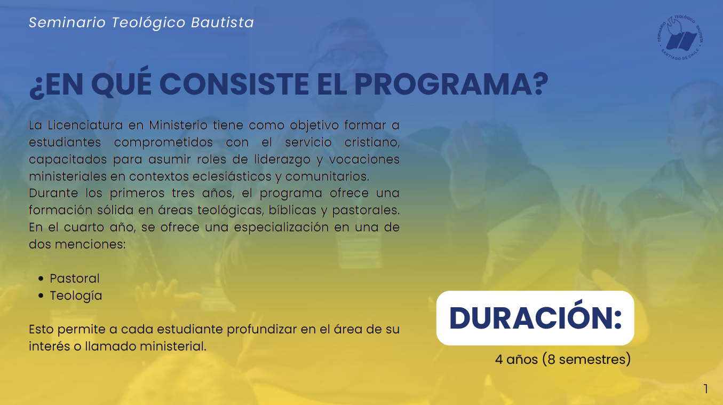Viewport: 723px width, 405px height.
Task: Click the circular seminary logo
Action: [x=680, y=37]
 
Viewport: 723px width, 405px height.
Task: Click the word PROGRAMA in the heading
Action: [x=451, y=84]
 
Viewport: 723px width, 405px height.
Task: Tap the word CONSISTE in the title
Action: [x=234, y=84]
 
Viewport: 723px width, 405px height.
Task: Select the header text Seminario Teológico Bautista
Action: [x=141, y=22]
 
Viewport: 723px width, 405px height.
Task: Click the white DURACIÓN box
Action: [x=535, y=318]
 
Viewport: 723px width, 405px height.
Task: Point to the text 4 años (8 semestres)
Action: [x=563, y=360]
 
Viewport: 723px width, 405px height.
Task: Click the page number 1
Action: [x=706, y=389]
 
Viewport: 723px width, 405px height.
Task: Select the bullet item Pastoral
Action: [x=75, y=278]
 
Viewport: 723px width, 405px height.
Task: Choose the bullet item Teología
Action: [x=76, y=296]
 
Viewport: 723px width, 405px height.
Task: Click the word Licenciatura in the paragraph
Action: [x=85, y=125]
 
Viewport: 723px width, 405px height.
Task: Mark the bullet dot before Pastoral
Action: [x=41, y=278]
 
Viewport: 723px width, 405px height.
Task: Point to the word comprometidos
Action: [x=163, y=143]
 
